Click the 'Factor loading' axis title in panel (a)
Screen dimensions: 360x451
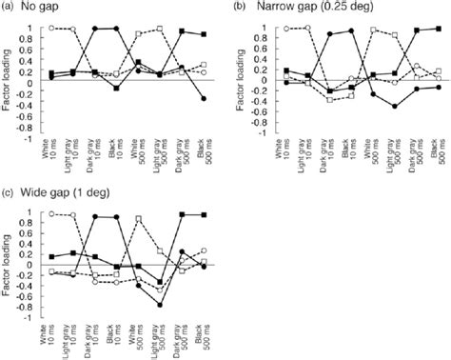(x=9, y=82)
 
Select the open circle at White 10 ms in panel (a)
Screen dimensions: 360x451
(x=50, y=29)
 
